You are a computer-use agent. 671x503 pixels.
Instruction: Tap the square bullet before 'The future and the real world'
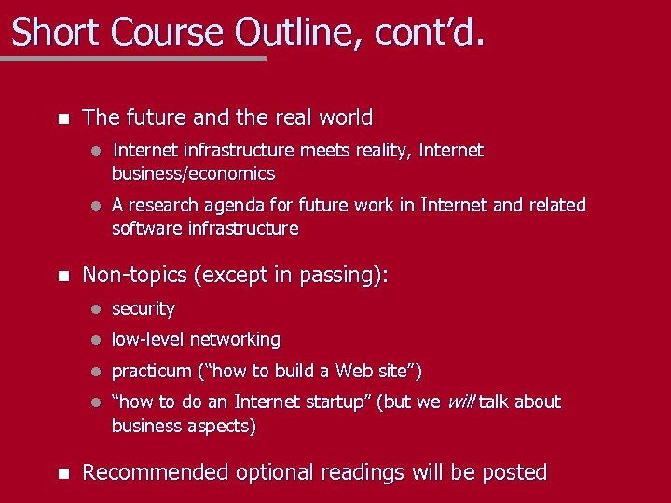pos(62,119)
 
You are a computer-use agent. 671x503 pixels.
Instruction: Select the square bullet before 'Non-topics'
pos(62,277)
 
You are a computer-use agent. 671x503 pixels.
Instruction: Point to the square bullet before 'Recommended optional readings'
pos(62,473)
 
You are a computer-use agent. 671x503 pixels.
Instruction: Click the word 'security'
pos(143,308)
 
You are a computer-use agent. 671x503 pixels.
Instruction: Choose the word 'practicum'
pos(151,372)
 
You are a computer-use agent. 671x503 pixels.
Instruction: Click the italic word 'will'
pos(461,401)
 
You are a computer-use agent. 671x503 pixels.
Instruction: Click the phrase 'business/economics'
pos(193,173)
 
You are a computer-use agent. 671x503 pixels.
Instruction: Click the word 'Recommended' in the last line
pos(156,472)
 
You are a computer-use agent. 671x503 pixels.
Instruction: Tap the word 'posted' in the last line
pos(513,472)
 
